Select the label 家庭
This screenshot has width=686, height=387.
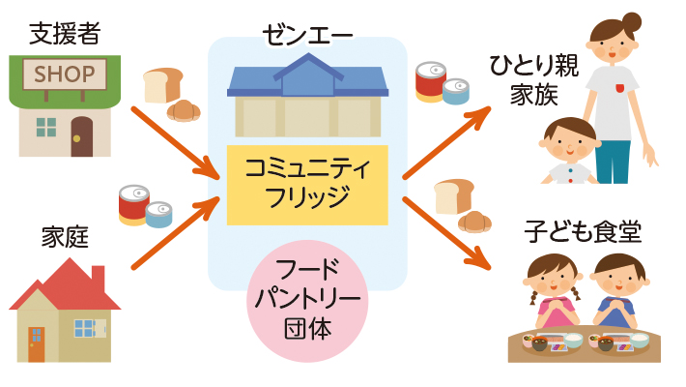click(x=65, y=237)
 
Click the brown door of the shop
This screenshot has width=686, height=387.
click(x=82, y=136)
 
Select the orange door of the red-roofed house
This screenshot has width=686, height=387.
click(x=37, y=342)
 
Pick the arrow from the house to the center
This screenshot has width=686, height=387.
click(x=175, y=233)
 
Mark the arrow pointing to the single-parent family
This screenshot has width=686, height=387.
click(x=445, y=142)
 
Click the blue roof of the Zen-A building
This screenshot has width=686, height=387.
click(x=307, y=77)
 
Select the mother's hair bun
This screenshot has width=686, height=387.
click(x=632, y=21)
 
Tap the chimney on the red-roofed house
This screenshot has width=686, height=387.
click(x=98, y=278)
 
